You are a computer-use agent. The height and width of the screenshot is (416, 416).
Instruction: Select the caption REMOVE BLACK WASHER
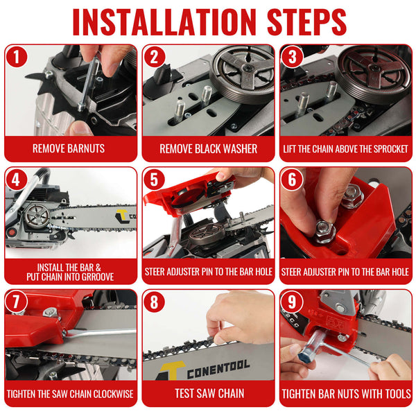click(208, 148)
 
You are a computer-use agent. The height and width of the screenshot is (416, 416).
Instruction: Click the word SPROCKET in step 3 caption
click(392, 148)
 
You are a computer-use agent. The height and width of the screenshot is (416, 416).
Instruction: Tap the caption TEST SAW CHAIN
click(208, 394)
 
